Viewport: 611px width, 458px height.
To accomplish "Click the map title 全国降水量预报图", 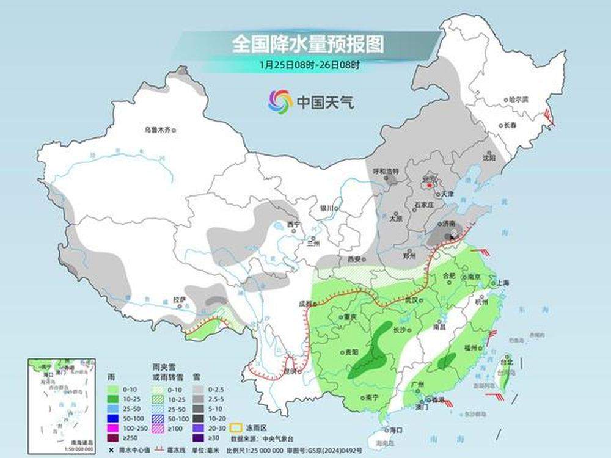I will click(x=308, y=45).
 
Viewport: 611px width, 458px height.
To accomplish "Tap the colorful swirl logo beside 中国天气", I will click(x=280, y=101).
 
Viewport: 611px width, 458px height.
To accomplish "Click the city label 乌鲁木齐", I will click(x=158, y=129).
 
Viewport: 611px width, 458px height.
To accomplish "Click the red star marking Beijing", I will click(x=430, y=184).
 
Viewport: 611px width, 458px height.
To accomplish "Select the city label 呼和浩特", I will click(x=386, y=171).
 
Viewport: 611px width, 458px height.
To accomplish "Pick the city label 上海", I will click(x=503, y=283).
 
